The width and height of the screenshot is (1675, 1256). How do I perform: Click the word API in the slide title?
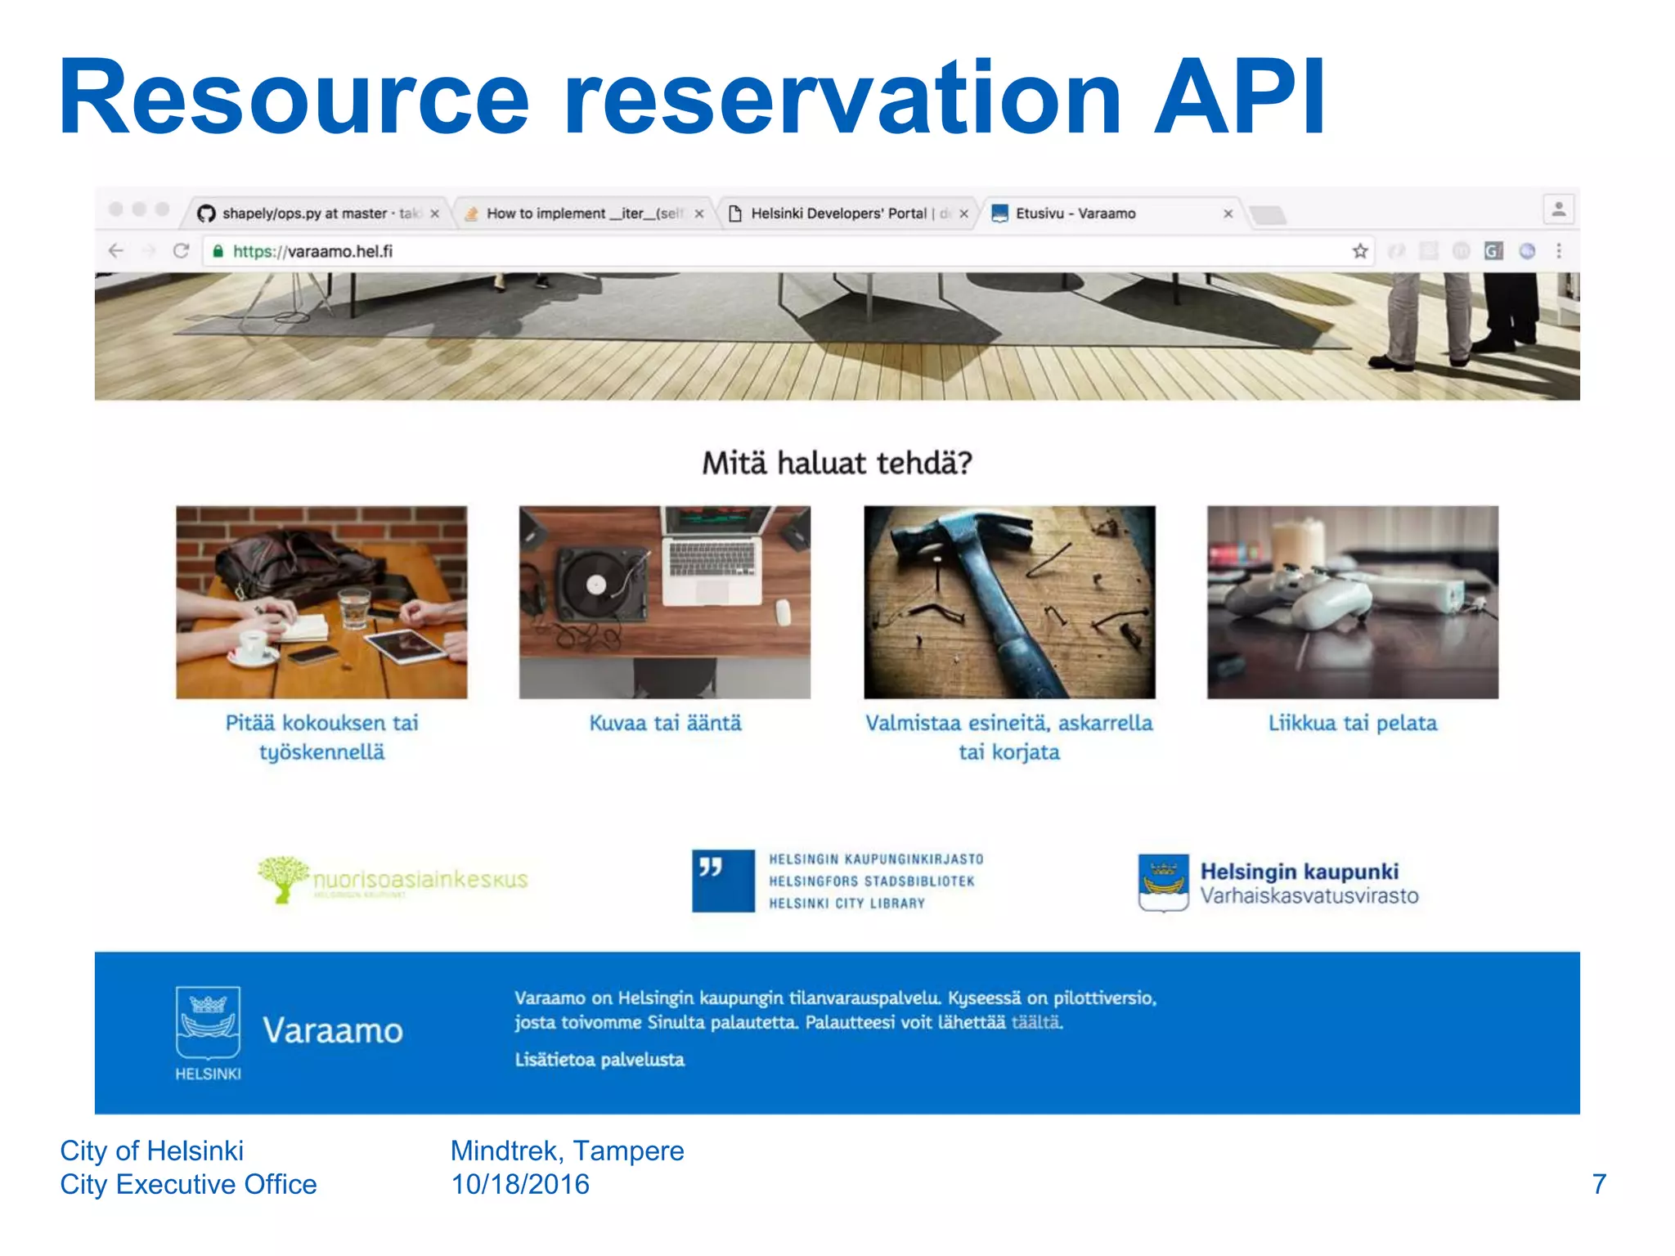click(x=1240, y=98)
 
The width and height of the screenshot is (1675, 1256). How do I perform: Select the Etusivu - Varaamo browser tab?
click(x=1075, y=213)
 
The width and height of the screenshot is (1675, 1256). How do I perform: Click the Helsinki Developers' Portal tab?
click(x=838, y=213)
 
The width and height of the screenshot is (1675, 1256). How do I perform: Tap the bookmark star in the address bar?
click(x=1359, y=251)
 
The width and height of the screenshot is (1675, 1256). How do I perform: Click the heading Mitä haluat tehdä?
click(x=837, y=464)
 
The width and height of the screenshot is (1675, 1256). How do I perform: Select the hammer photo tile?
click(x=1009, y=602)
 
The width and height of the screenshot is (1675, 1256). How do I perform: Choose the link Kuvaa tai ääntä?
click(x=665, y=723)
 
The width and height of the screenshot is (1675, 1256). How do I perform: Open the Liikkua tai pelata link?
click(x=1352, y=723)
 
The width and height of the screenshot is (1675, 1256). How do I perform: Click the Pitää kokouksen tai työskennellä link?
click(x=321, y=737)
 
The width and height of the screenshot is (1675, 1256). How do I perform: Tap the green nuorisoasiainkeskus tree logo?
click(x=283, y=878)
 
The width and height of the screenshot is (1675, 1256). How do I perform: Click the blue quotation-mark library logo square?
click(x=723, y=881)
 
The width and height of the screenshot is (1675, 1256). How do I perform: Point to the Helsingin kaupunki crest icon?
click(x=1163, y=882)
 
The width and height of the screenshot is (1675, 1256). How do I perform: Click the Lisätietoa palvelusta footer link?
click(x=599, y=1060)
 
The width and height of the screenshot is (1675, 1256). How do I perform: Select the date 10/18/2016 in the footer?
click(x=520, y=1184)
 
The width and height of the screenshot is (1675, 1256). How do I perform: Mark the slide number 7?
click(x=1599, y=1184)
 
